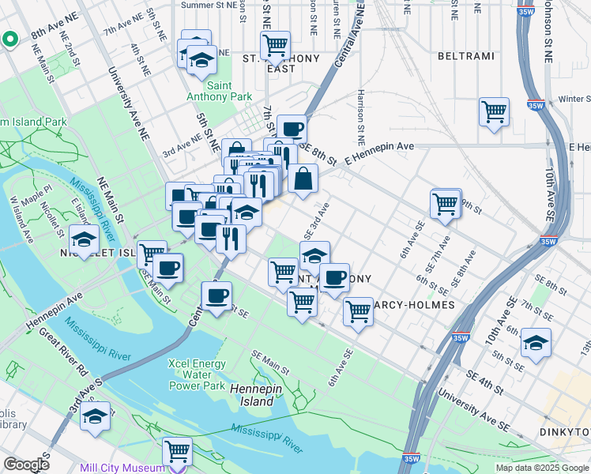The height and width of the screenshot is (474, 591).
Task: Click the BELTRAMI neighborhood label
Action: pos(465,56)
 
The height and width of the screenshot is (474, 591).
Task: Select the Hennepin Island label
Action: pos(251,395)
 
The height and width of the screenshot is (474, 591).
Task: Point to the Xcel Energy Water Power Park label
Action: pos(197,375)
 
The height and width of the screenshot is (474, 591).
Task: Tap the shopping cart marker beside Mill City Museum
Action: pos(177,451)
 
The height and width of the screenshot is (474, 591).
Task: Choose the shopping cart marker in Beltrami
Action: pos(494,111)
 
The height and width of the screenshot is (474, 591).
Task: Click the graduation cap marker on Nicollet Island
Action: pos(84,239)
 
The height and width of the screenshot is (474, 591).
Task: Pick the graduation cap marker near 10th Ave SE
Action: pos(536,342)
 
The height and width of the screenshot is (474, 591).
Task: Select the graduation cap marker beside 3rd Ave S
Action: pos(96,416)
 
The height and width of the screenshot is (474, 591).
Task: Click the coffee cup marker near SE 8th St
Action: pos(291,128)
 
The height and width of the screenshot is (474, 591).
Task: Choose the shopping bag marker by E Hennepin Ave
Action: pos(303,179)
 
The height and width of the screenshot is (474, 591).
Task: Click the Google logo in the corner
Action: pos(26,465)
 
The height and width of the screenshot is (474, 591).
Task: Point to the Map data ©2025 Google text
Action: pos(542,468)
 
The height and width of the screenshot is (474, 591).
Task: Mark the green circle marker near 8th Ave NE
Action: pos(9,39)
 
